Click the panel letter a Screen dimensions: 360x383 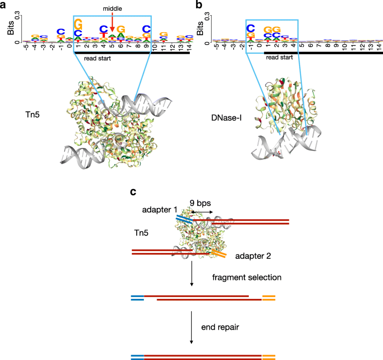[4, 5]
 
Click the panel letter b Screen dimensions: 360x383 [199, 5]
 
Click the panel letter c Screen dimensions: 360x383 [133, 192]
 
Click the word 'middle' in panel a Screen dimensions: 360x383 [112, 9]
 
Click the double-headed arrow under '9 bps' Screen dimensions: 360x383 [202, 212]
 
